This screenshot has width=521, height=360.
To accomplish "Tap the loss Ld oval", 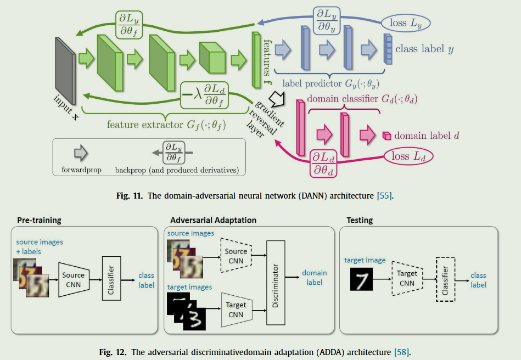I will pos(407,156).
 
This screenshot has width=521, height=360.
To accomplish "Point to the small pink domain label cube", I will pos(386,135).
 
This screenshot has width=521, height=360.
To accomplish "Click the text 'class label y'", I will pos(424,49).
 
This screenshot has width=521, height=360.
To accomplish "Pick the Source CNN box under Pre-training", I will pos(73,279).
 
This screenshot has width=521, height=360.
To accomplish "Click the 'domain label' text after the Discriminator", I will pos(315,277).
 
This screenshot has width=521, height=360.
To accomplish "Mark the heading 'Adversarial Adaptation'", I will pos(213,220).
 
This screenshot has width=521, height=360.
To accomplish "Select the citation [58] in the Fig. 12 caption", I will pos(401,351).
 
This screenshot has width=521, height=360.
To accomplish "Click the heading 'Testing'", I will pos(360,220).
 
